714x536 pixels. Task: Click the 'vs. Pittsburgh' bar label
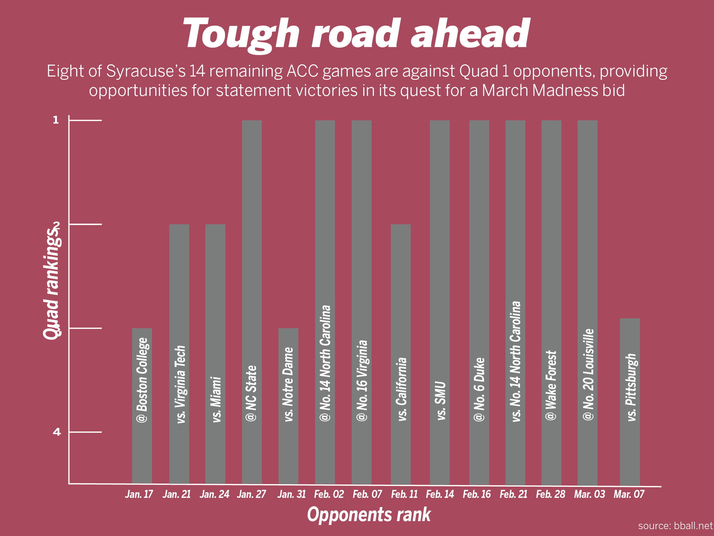click(631, 388)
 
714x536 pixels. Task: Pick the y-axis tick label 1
click(56, 120)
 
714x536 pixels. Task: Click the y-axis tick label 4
click(57, 432)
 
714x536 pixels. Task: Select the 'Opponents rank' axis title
click(369, 515)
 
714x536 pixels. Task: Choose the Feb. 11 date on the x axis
click(404, 494)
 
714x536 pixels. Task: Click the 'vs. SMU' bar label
click(441, 401)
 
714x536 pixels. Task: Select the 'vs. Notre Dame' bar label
click(288, 384)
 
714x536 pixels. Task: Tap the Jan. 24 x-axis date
click(214, 494)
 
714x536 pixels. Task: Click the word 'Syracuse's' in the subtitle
click(146, 71)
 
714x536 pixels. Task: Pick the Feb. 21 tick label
click(513, 494)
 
